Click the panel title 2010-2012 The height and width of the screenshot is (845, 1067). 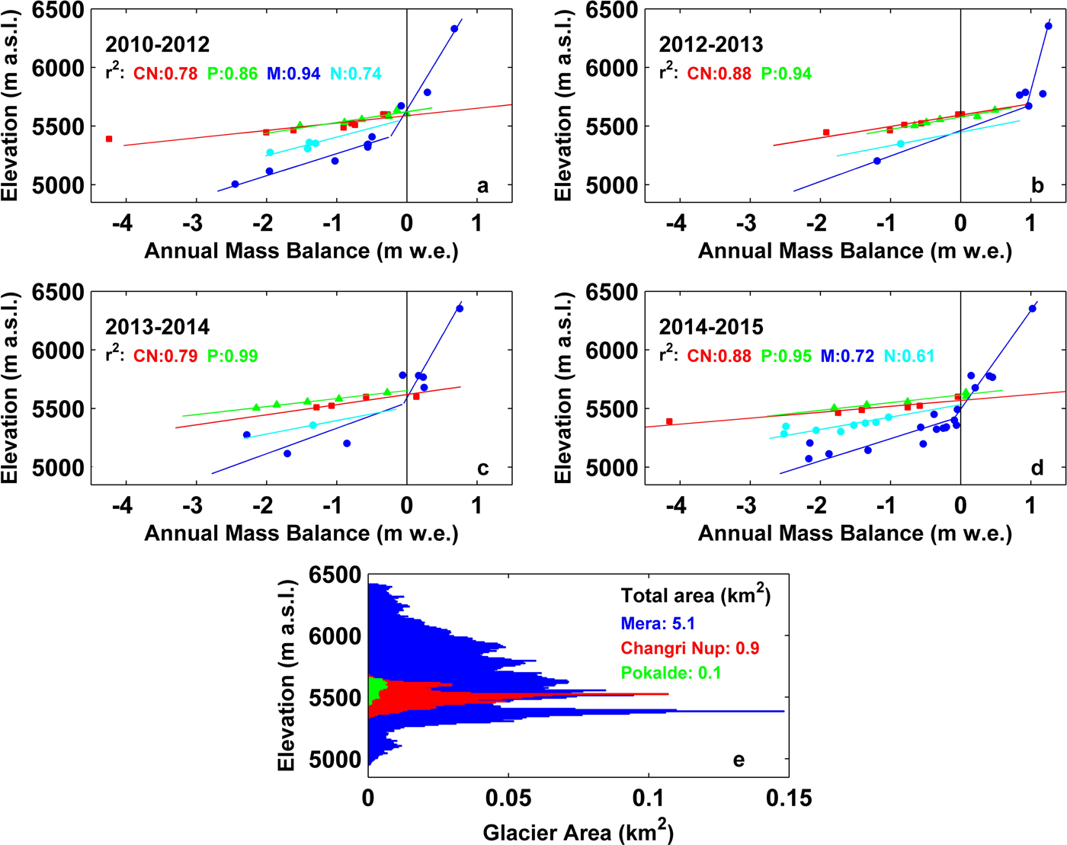[157, 44]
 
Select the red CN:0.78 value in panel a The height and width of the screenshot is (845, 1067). [165, 74]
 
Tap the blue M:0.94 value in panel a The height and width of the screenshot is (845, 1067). [293, 74]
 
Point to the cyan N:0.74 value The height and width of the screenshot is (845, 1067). [356, 74]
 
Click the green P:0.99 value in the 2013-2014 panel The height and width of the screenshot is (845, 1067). [232, 356]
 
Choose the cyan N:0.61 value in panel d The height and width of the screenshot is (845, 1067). [909, 356]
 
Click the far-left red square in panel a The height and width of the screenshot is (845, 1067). [109, 139]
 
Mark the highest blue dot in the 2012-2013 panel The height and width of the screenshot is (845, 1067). [1048, 26]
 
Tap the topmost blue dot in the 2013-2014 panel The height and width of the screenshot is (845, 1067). [460, 309]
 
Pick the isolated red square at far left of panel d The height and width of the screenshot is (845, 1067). [669, 421]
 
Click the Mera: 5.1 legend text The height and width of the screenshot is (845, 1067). [658, 624]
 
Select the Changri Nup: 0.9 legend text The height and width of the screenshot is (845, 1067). [690, 648]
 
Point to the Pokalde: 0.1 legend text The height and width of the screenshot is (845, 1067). [671, 673]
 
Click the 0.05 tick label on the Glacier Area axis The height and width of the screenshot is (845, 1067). [509, 798]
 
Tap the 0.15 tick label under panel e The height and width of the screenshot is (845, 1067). [789, 798]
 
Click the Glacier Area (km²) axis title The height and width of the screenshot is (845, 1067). [578, 831]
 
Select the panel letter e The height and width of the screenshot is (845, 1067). [738, 760]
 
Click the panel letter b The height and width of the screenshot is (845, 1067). [1037, 186]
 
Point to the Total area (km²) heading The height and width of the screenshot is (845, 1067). [695, 596]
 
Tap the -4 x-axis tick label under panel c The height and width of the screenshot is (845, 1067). [123, 504]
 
